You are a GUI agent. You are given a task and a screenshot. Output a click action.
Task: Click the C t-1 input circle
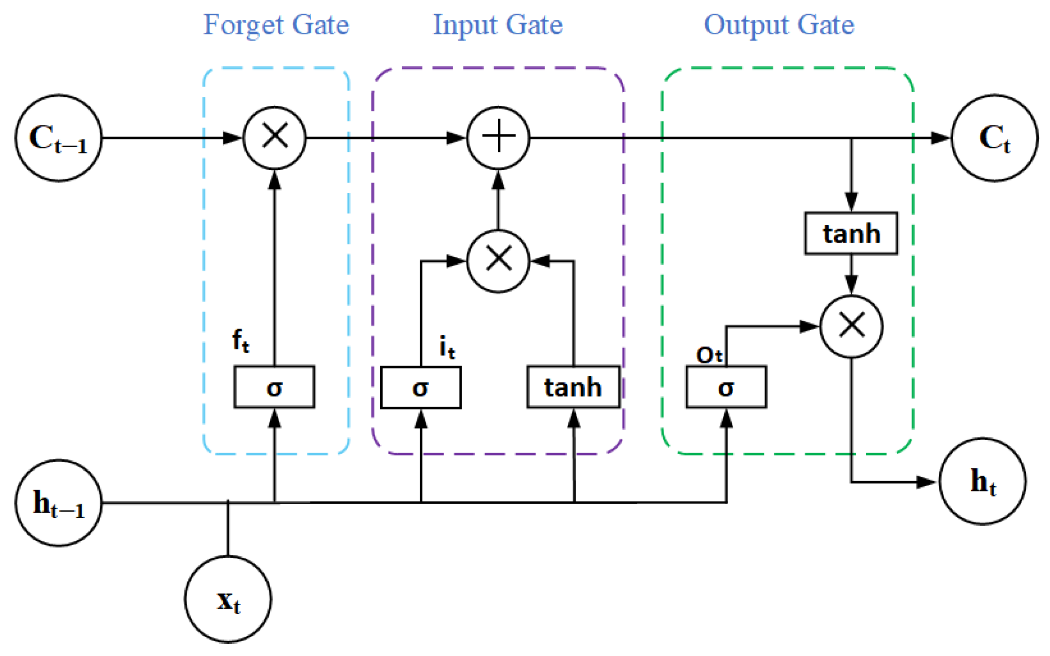tap(59, 138)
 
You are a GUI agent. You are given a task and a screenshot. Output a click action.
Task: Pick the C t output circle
tap(994, 138)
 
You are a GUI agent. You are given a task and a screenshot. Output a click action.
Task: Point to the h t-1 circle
tap(59, 503)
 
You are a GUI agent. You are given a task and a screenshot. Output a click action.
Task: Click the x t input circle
tap(228, 599)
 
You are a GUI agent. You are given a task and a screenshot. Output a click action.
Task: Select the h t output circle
tap(983, 481)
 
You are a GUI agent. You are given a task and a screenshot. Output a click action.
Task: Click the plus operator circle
tap(498, 138)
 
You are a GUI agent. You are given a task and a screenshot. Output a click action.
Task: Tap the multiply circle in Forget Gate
tap(274, 138)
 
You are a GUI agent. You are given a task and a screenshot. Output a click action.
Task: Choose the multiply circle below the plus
tap(498, 261)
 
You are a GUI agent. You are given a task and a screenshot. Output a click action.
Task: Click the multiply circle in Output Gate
tap(851, 326)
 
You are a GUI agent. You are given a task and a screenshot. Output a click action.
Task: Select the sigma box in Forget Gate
tap(274, 387)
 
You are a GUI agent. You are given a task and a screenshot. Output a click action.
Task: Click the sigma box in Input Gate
tap(421, 387)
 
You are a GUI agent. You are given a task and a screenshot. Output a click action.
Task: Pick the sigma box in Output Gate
tap(726, 387)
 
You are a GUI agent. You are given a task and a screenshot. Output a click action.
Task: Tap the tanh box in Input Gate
tap(573, 387)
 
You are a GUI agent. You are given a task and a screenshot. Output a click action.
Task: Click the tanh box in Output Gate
tap(851, 233)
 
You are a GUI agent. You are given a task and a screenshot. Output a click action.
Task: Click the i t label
tap(447, 348)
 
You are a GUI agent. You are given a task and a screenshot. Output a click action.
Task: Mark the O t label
tap(709, 355)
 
